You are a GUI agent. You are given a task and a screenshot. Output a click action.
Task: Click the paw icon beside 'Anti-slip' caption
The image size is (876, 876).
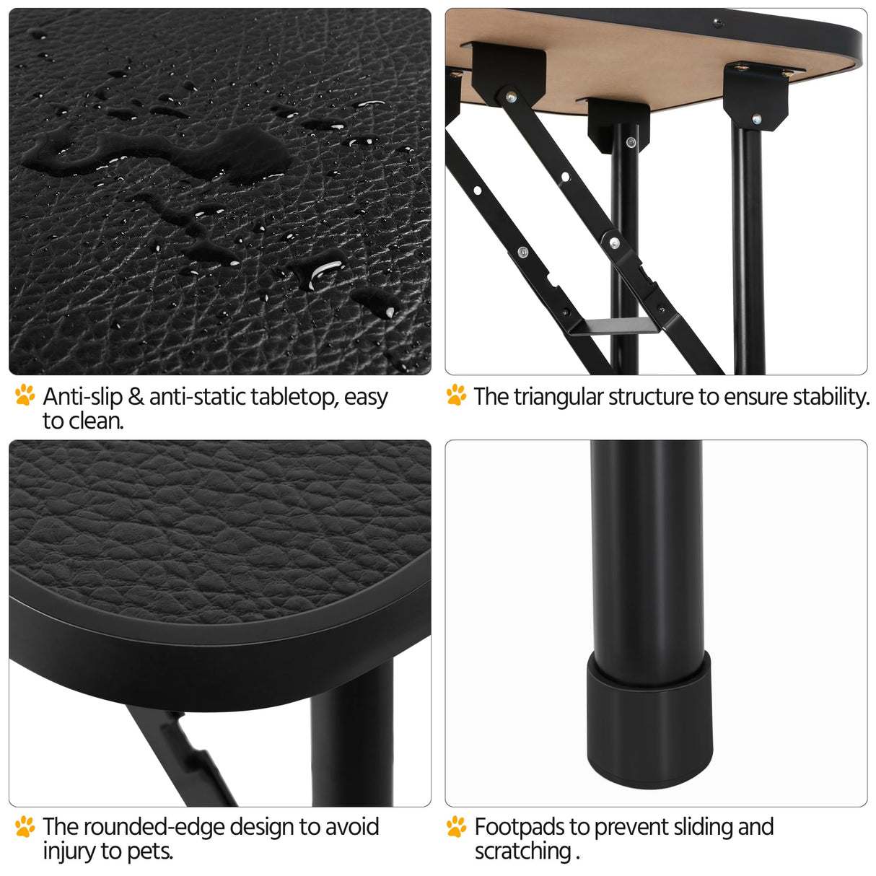click(x=25, y=395)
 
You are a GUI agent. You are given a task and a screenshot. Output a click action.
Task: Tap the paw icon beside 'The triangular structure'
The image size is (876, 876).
click(x=456, y=395)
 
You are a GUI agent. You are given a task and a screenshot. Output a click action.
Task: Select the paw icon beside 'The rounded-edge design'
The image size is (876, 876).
click(x=25, y=826)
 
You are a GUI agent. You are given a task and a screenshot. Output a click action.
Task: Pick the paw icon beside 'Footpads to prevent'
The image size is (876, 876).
click(x=456, y=826)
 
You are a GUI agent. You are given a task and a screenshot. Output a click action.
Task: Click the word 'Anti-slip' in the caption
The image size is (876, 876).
click(x=82, y=396)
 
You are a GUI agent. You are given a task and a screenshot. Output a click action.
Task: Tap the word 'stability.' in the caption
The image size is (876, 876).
click(x=831, y=398)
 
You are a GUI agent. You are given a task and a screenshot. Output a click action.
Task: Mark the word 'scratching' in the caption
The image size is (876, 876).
click(x=522, y=851)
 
